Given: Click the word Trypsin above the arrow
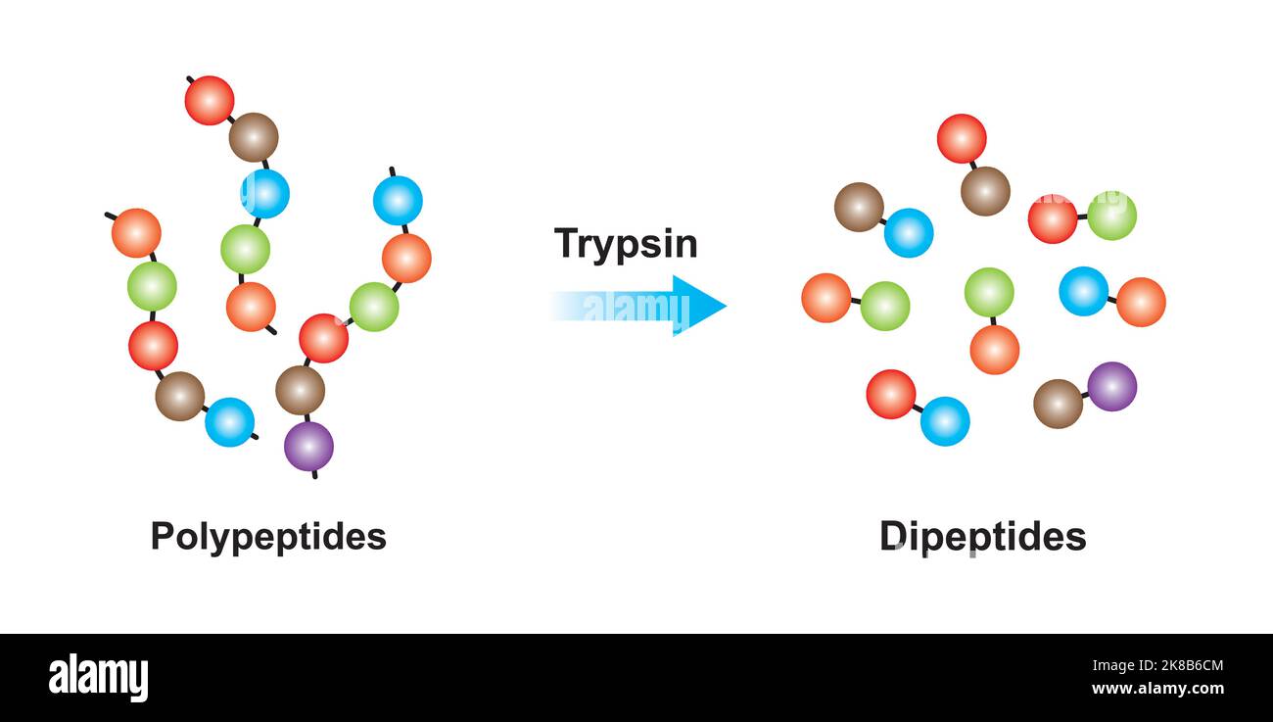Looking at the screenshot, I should pos(626,243).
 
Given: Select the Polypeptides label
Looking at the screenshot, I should pos(268,537).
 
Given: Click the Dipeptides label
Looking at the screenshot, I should pos(982,537).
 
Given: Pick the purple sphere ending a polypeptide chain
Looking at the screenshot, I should pos(308,447).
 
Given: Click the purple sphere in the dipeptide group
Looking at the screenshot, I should pos(1111,386).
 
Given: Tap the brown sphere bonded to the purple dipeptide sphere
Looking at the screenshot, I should pos(1058,404).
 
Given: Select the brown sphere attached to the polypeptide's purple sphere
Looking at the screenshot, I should pos(300,390).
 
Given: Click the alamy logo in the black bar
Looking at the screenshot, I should pos(98,678).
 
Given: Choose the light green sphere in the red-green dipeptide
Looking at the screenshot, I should pos(1111,216).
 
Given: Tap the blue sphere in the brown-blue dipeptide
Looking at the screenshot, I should pos(908,233).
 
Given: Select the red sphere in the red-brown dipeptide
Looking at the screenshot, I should pos(961,138).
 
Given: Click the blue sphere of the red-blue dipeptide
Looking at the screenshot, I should pos(945,421).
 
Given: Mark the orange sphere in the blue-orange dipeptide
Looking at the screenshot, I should pos(1141,302).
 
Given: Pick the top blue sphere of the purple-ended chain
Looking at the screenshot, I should pos(398,201).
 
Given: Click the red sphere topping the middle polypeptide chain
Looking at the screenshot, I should pos(210,100).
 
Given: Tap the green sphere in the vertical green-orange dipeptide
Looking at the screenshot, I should pos(988,292).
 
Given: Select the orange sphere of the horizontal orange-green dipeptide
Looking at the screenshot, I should pos(825,298).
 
